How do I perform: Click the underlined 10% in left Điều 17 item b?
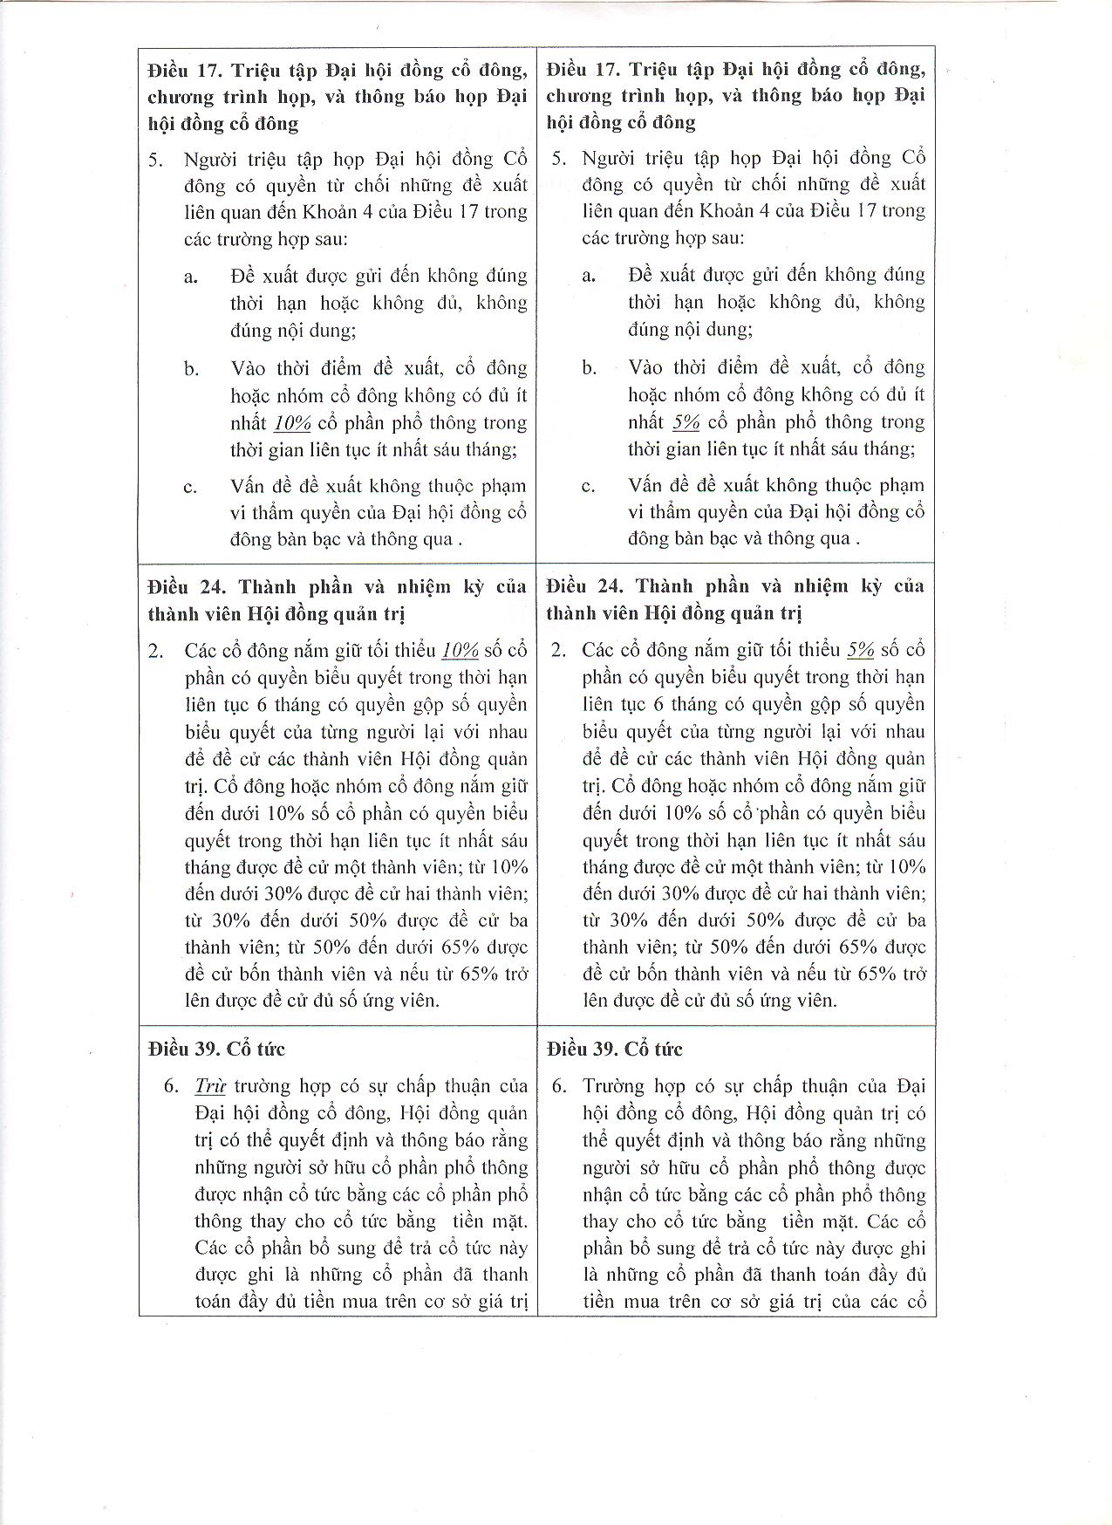[x=292, y=423]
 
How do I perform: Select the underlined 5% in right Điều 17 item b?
[x=686, y=422]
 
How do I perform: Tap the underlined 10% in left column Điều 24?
[x=460, y=650]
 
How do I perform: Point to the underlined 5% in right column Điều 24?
[x=861, y=650]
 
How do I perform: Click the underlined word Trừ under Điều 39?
[x=210, y=1086]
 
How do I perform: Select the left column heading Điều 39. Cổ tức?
[x=216, y=1049]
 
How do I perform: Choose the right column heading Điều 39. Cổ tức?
[x=614, y=1049]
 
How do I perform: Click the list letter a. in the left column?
[x=191, y=277]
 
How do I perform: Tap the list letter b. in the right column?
[x=590, y=368]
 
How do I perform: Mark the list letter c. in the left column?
[x=190, y=487]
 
